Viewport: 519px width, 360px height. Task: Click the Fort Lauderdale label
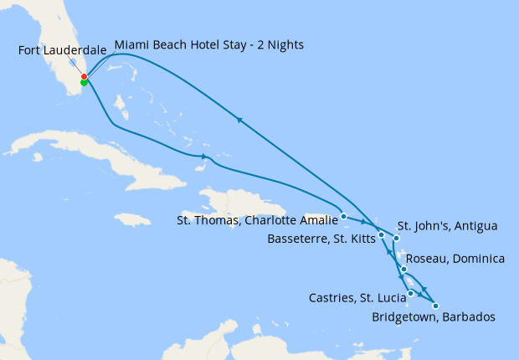(62, 51)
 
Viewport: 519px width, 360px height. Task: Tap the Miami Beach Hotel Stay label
(208, 44)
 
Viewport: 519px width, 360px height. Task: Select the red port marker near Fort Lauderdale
(84, 77)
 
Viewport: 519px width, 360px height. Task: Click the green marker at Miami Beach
(84, 83)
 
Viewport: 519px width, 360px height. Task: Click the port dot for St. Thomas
(344, 216)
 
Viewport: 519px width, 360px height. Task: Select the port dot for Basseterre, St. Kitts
(382, 234)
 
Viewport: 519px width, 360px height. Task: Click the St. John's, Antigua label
(447, 226)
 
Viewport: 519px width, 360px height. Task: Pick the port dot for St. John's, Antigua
(397, 239)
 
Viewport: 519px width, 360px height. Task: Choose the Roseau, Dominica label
(455, 259)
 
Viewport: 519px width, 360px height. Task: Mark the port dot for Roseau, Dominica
(403, 270)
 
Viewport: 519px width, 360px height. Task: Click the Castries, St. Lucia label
(356, 296)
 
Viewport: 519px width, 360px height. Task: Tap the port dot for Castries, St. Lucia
(410, 293)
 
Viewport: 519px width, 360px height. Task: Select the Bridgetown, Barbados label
(433, 317)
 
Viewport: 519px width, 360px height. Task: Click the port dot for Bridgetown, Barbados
(435, 306)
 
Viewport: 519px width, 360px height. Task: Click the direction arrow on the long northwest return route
(240, 121)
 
